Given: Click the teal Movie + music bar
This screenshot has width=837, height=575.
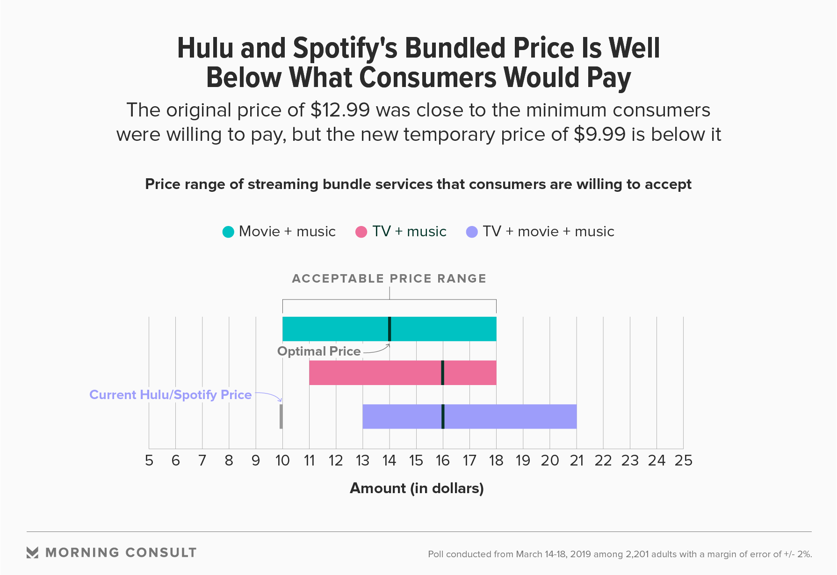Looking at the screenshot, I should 337,329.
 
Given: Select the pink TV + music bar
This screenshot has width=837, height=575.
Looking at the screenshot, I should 374,373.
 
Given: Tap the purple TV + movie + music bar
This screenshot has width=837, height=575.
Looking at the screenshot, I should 510,416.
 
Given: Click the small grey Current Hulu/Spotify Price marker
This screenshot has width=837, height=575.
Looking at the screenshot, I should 281,416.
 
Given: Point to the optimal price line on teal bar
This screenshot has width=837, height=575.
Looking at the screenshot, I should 390,329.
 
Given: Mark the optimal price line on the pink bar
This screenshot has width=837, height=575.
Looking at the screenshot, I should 443,373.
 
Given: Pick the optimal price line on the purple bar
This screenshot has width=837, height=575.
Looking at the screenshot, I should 443,416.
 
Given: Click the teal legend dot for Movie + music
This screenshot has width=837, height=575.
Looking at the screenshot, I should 228,232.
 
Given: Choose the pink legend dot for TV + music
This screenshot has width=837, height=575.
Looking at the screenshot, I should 361,232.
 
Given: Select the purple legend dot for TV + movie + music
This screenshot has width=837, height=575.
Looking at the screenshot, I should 472,232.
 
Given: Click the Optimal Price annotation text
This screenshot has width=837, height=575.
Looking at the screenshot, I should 319,351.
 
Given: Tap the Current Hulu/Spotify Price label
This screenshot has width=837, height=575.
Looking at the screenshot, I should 170,395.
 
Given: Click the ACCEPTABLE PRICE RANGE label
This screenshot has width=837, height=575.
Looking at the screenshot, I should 389,279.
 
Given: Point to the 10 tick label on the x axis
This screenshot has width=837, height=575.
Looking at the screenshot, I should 282,461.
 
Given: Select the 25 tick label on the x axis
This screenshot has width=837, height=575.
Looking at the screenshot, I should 683,461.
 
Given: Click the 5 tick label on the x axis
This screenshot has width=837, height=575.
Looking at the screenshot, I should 149,461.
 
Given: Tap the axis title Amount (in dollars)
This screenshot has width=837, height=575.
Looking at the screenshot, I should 417,488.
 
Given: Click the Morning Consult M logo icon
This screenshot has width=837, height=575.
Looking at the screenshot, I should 32,553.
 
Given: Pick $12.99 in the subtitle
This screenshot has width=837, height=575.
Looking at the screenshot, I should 340,110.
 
